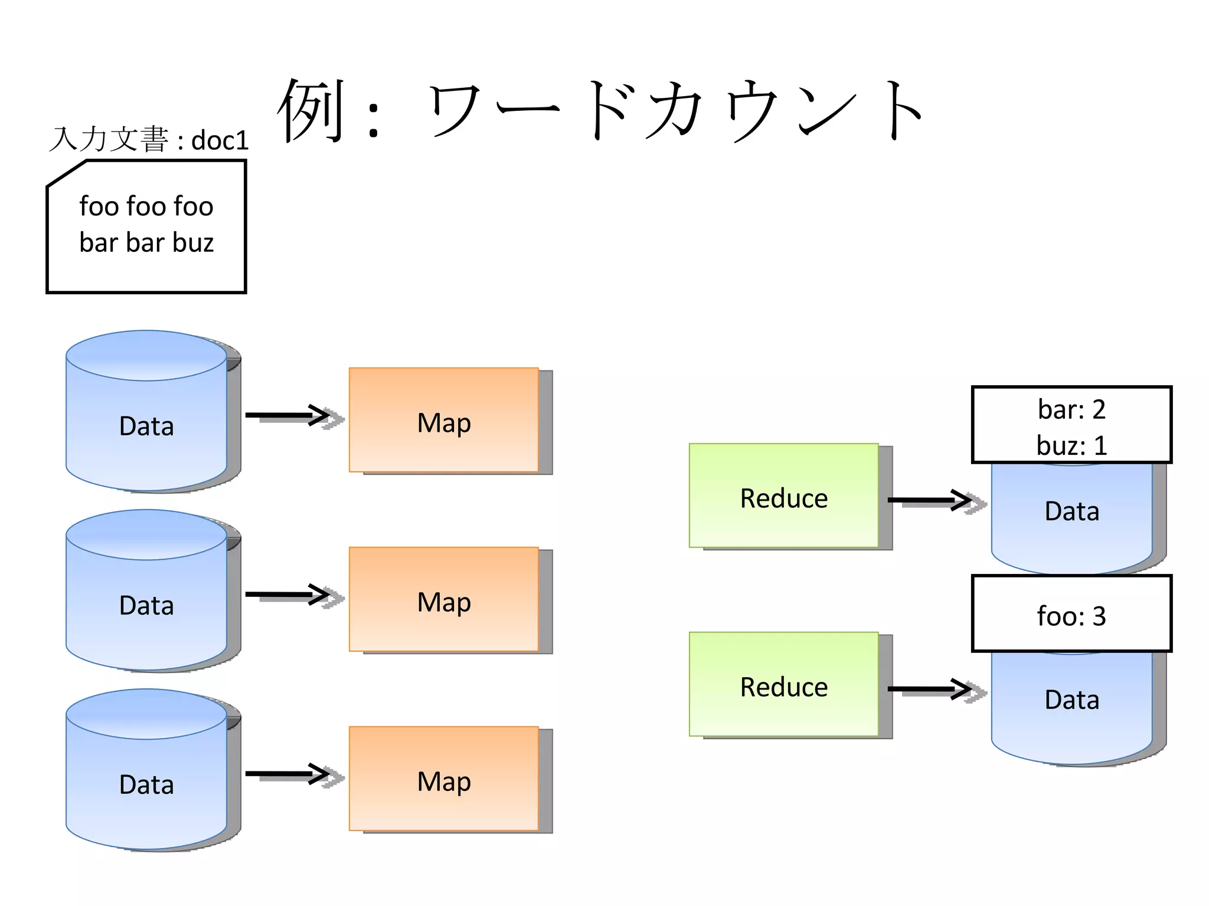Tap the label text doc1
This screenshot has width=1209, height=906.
220,140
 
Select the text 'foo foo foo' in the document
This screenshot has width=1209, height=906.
146,206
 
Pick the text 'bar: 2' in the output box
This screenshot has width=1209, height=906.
1071,409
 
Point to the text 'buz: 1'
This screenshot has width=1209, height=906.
1071,445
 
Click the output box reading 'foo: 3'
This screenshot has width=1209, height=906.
1071,615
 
